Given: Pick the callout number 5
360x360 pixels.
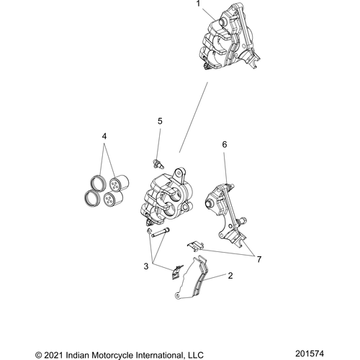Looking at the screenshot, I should point(160,121).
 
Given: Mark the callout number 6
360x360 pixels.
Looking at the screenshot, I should point(225,145).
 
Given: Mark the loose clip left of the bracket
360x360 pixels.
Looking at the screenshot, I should point(193,246).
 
